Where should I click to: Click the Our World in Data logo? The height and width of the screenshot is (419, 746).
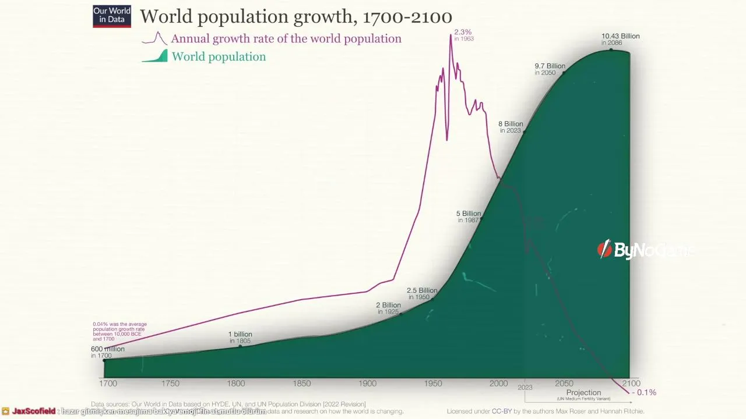click(x=112, y=16)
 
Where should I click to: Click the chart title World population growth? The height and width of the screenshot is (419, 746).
click(x=295, y=17)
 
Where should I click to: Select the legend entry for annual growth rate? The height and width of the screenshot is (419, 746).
click(x=286, y=39)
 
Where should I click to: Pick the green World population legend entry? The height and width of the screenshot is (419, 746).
click(x=218, y=57)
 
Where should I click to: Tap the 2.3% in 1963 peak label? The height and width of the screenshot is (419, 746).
click(x=463, y=35)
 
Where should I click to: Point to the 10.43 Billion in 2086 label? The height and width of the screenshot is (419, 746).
click(x=620, y=39)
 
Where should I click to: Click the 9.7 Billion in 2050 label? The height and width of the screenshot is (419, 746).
click(x=550, y=69)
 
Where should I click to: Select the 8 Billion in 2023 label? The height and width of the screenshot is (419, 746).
click(x=511, y=127)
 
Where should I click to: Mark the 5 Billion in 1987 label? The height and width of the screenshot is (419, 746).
click(x=469, y=216)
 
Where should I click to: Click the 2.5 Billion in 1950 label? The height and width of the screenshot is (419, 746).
click(x=421, y=293)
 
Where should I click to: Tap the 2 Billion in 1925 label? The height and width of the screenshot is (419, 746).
click(x=388, y=308)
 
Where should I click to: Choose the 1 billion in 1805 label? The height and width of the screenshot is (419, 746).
click(x=240, y=337)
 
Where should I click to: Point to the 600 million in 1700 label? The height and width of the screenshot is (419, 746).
click(x=107, y=351)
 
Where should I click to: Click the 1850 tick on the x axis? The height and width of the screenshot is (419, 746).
click(x=302, y=384)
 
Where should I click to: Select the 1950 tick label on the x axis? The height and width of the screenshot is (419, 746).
click(x=433, y=384)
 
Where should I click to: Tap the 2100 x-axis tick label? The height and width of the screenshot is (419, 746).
click(x=631, y=384)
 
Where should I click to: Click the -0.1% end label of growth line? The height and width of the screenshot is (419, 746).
click(x=645, y=393)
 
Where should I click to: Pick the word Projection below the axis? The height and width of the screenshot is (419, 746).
click(x=583, y=393)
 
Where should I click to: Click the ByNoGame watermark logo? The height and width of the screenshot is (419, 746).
click(x=644, y=250)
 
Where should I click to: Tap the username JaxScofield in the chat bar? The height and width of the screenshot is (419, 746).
click(x=34, y=411)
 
